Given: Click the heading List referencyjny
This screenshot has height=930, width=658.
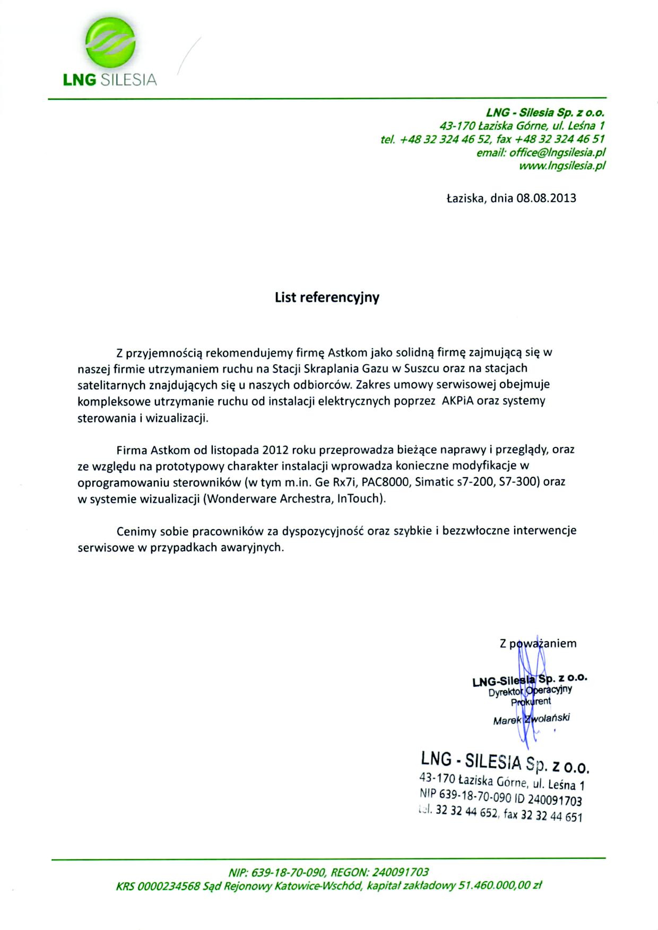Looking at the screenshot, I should [327, 297].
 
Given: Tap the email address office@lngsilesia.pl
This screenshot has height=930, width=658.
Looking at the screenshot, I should [557, 153].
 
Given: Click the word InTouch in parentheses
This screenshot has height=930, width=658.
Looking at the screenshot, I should [359, 499].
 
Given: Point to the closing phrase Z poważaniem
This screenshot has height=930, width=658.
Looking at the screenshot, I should [538, 644].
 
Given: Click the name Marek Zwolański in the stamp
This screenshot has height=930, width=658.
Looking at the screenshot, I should [531, 720].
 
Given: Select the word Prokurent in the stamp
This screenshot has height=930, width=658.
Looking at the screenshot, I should [531, 701].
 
